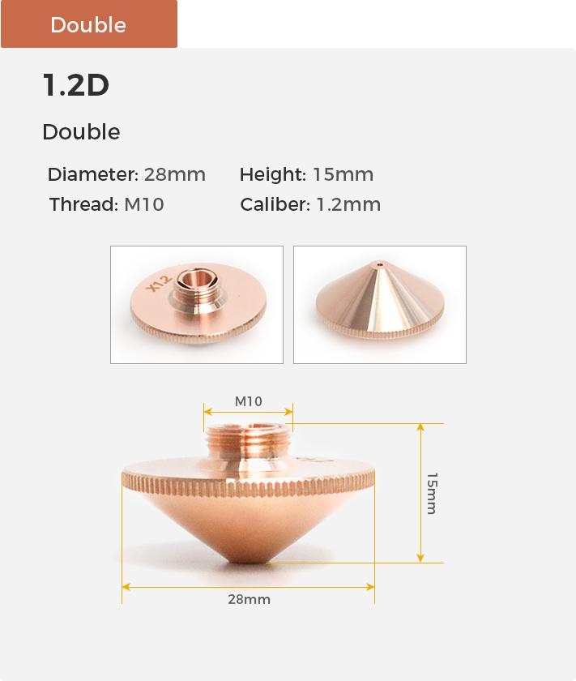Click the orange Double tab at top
coord(89,24)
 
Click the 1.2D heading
coord(76,84)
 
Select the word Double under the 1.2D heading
coord(81,131)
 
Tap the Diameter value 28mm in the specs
coord(174,174)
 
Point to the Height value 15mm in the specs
coord(343,174)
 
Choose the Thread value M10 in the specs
coord(144,204)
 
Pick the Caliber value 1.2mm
coord(348,204)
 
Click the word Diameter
coord(93,174)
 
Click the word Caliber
coord(275,204)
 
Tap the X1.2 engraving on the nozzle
coord(159,283)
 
